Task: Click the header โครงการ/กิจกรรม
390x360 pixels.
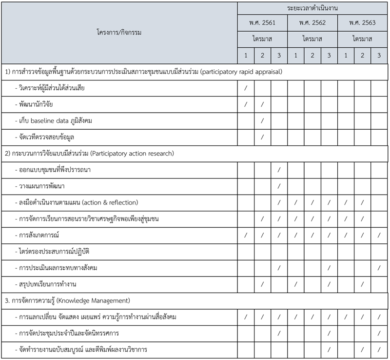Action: (x=119, y=32)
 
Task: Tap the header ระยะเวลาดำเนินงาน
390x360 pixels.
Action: (x=312, y=8)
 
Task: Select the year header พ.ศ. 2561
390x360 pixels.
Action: (x=262, y=22)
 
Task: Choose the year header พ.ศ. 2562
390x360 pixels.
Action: (x=312, y=22)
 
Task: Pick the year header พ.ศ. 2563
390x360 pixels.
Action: (x=362, y=22)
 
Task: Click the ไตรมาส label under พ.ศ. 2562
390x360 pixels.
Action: (x=312, y=39)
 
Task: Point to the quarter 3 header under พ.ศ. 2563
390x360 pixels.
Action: (x=379, y=56)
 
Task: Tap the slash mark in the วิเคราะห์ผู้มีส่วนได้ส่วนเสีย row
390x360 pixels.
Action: (x=245, y=88)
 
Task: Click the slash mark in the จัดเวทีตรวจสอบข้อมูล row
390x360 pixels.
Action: (x=262, y=137)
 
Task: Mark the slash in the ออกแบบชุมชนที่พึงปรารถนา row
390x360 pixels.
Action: (x=279, y=170)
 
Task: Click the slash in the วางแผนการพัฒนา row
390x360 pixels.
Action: (x=279, y=186)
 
